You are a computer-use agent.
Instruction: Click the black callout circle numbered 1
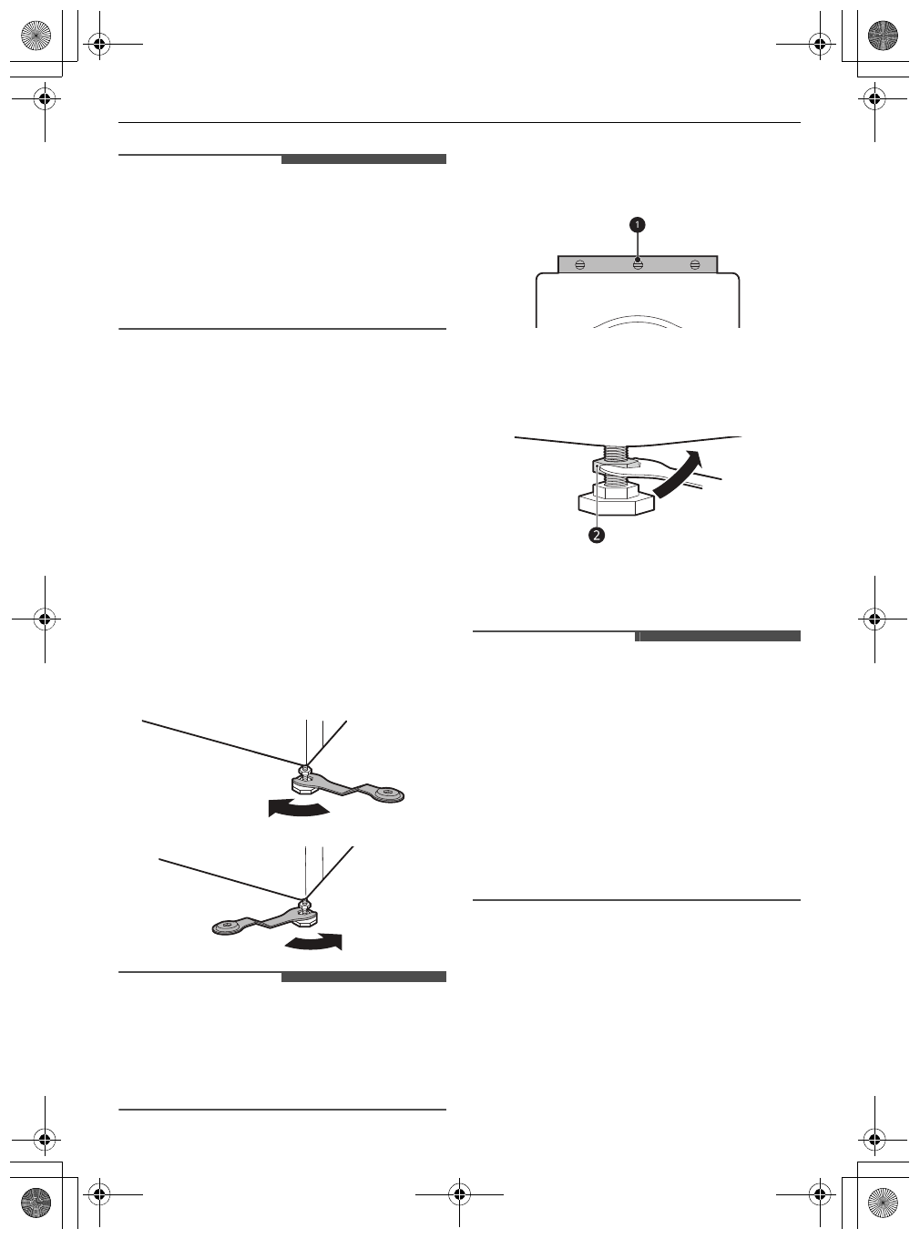[x=639, y=223]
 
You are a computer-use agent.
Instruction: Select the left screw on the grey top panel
[x=580, y=264]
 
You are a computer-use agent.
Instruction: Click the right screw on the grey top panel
[x=695, y=264]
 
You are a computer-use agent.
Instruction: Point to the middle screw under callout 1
[x=638, y=264]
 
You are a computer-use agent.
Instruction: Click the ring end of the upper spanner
[x=391, y=795]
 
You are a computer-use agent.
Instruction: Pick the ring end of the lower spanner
[x=226, y=927]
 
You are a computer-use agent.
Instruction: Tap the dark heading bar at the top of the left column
[x=363, y=159]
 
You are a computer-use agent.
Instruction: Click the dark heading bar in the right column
[x=718, y=636]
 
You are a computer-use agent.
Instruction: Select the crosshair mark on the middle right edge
[x=874, y=618]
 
